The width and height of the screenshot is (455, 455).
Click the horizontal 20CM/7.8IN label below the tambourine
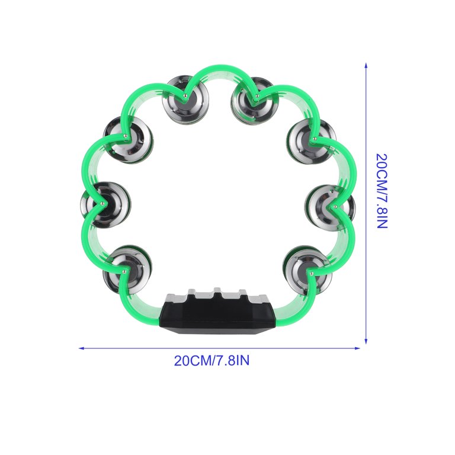212,361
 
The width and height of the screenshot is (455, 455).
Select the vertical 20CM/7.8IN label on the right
382,191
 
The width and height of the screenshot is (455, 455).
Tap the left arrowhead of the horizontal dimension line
82,348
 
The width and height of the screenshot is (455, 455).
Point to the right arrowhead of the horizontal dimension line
357,348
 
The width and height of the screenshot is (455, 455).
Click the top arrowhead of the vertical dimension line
366,65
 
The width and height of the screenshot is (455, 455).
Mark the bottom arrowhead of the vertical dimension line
366,341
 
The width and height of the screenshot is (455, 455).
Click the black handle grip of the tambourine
217,312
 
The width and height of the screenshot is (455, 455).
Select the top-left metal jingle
185,100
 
